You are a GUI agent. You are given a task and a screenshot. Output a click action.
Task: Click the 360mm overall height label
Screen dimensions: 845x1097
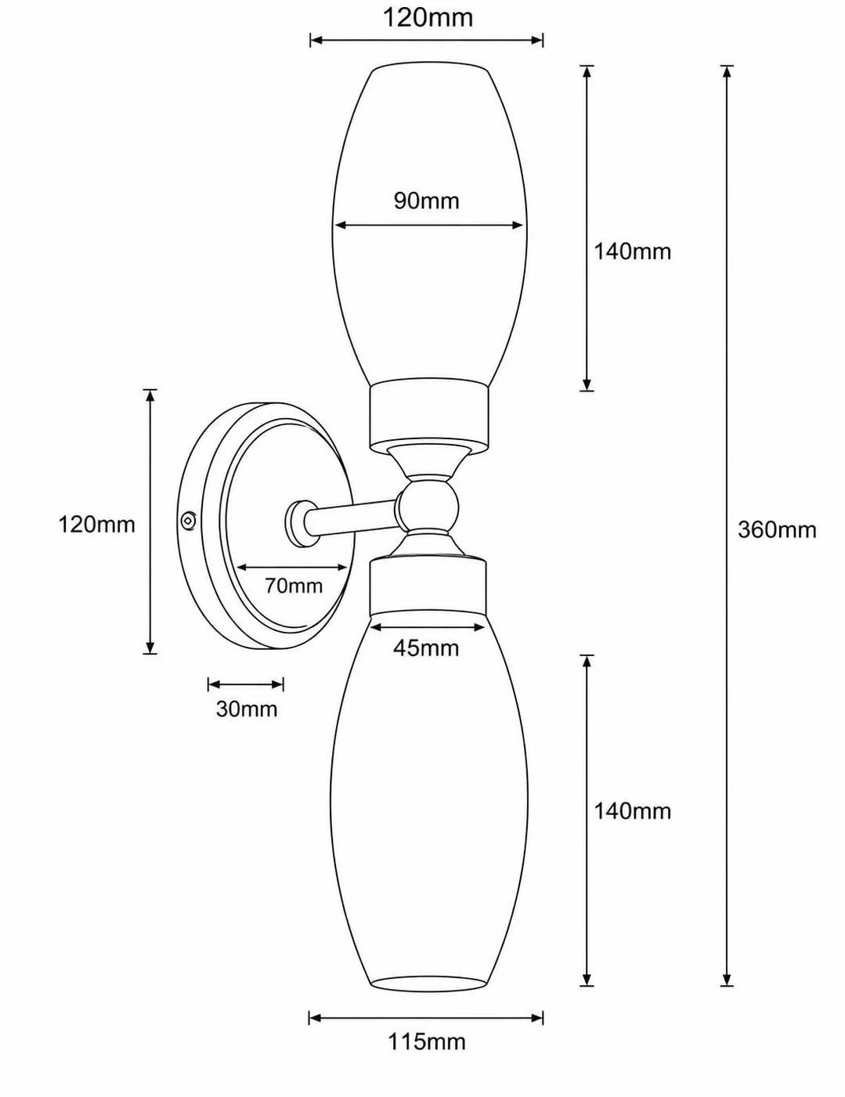(x=776, y=530)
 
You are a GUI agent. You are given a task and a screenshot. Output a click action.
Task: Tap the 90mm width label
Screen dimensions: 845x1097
(x=427, y=201)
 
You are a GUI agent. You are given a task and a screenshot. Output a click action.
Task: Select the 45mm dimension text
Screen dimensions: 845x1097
(x=426, y=648)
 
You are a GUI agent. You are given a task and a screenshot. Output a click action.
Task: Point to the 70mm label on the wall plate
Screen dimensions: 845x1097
(x=293, y=586)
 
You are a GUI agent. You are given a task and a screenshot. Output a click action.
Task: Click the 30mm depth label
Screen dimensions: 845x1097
(x=247, y=709)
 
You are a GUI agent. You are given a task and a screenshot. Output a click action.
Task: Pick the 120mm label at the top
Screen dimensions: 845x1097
(x=428, y=18)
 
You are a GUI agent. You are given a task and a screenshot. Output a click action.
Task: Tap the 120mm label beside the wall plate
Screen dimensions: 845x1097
(x=97, y=525)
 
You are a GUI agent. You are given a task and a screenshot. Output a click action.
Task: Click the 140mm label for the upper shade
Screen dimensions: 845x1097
(x=632, y=251)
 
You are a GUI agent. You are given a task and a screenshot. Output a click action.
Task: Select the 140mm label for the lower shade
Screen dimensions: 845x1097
(x=632, y=825)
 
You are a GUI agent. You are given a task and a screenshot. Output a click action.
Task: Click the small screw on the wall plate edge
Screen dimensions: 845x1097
(x=189, y=521)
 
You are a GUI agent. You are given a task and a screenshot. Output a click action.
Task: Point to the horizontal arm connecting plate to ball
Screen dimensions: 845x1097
(x=353, y=515)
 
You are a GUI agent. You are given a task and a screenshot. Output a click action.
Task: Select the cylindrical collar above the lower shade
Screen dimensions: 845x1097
(x=428, y=587)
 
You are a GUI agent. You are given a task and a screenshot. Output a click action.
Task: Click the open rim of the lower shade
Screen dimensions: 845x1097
(x=429, y=983)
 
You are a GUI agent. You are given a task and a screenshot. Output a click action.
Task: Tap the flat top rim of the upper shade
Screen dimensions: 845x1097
(x=431, y=66)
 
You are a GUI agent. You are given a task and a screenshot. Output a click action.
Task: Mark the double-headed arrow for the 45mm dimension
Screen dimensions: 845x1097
(x=428, y=627)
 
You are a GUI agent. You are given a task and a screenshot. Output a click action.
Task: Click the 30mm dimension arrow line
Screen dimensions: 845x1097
(x=246, y=684)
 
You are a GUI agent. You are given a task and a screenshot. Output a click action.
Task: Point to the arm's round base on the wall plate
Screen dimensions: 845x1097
(x=301, y=524)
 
